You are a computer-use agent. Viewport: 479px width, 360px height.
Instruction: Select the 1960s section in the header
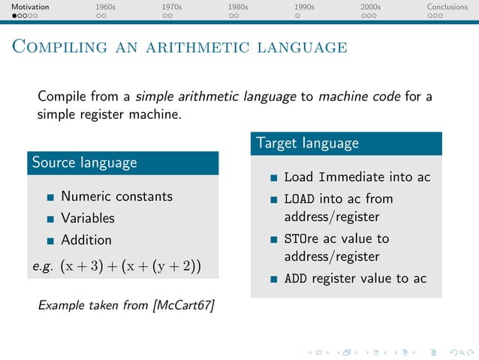pos(106,7)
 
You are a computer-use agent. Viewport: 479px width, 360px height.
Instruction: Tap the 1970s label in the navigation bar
pos(172,7)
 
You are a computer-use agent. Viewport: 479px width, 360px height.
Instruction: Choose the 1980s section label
pos(238,7)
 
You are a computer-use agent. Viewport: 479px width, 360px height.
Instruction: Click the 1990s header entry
pos(304,7)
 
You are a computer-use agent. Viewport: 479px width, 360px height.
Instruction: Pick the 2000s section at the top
pos(370,7)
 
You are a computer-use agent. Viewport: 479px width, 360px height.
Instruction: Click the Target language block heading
pos(308,143)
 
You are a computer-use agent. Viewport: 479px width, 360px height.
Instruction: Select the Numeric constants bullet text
pos(116,196)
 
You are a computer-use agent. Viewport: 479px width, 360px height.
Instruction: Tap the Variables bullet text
pos(88,218)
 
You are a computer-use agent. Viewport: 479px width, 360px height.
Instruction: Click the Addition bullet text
pos(86,240)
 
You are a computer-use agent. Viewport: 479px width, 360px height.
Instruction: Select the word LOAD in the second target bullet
pos(300,199)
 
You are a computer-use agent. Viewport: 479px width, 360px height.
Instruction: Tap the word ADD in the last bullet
pos(296,279)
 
